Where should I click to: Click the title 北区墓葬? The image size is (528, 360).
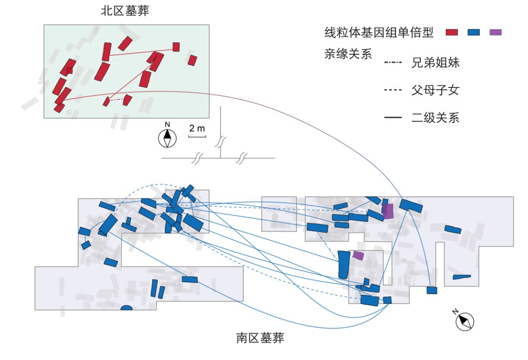[x=125, y=11]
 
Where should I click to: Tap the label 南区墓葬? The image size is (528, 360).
[x=260, y=338]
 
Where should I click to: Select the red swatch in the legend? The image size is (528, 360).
[x=452, y=33]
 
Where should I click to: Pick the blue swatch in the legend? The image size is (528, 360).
[x=474, y=33]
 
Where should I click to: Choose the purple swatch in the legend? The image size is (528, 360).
[x=496, y=33]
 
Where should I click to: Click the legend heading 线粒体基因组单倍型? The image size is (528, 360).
[x=379, y=33]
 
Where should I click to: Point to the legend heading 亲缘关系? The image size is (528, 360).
[x=348, y=54]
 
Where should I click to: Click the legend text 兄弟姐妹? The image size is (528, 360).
[x=435, y=63]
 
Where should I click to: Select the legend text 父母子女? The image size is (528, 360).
[x=435, y=90]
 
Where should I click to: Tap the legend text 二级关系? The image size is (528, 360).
[x=435, y=118]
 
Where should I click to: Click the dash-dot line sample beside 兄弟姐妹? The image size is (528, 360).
[x=393, y=63]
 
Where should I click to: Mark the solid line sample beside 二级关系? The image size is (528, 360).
[x=393, y=118]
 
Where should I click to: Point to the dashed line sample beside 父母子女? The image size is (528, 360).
[x=393, y=90]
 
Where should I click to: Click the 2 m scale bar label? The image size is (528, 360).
[x=197, y=128]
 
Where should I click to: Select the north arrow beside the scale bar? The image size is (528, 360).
[x=167, y=138]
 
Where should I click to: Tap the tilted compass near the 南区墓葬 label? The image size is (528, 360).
[x=465, y=321]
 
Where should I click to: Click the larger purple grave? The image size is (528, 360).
[x=388, y=212]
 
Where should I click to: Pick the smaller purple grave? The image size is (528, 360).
[x=358, y=255]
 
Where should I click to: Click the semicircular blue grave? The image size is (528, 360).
[x=127, y=308]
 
